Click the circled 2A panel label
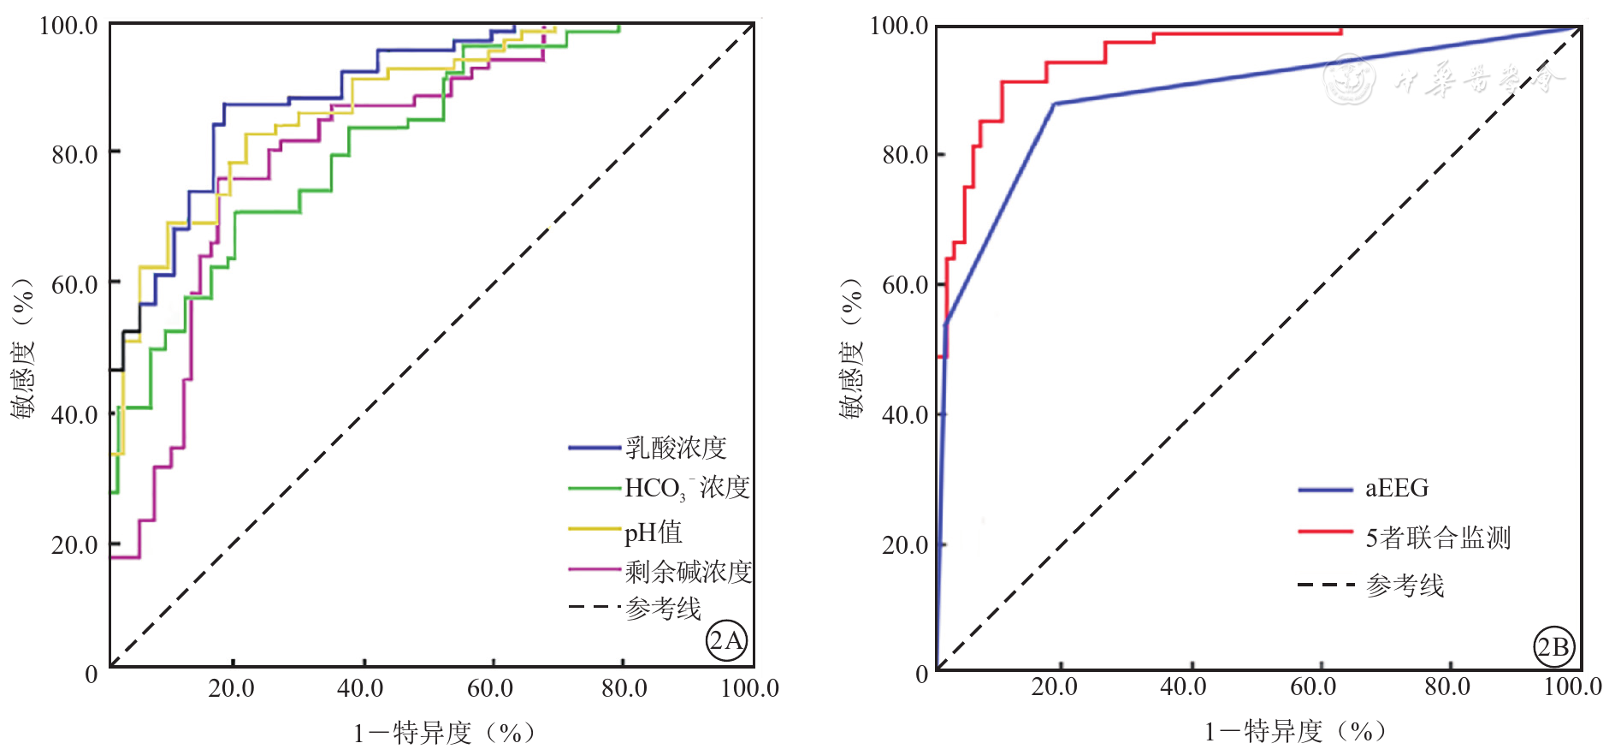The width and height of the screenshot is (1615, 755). click(x=726, y=640)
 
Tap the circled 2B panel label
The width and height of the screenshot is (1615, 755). click(x=1553, y=647)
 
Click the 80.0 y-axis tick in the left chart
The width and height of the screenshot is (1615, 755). click(x=74, y=155)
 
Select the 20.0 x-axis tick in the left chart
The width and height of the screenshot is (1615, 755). click(x=231, y=688)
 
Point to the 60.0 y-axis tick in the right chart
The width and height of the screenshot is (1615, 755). click(x=905, y=284)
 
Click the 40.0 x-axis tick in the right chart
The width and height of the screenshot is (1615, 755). click(x=1183, y=687)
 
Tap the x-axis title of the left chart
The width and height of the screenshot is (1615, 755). click(x=444, y=733)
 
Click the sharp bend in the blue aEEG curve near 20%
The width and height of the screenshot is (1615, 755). click(x=1054, y=104)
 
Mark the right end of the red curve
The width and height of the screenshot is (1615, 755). click(x=1340, y=32)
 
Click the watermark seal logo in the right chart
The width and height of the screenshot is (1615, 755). click(x=1349, y=79)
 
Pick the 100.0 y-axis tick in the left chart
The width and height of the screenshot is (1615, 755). click(x=68, y=26)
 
